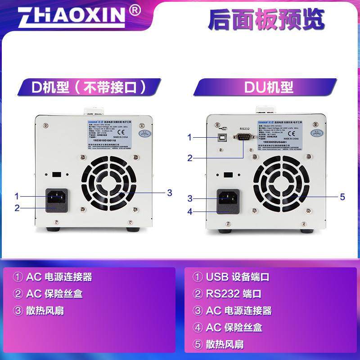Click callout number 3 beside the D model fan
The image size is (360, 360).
(169, 193)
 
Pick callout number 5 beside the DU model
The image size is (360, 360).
(342, 196)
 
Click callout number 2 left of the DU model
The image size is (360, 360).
(190, 158)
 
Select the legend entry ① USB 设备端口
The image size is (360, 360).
(231, 277)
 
